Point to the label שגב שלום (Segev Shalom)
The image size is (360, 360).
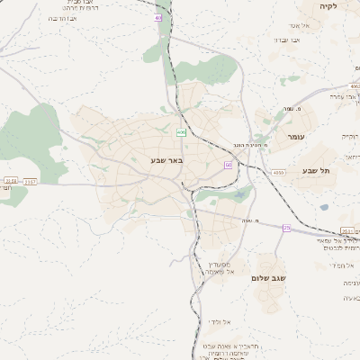click(x=268, y=279)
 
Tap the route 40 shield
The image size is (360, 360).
click(x=159, y=17)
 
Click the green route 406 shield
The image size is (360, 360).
click(x=181, y=132)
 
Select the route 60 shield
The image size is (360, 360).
click(x=229, y=166)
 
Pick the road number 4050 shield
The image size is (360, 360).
click(x=279, y=172)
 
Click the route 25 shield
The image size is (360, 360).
click(x=287, y=229)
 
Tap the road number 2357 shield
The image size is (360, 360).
click(x=31, y=182)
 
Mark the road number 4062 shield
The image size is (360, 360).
click(x=10, y=182)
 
